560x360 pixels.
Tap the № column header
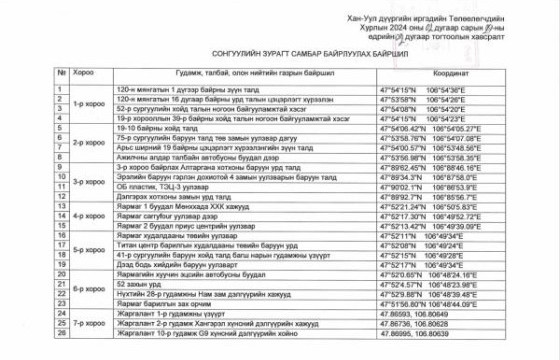point(61,73)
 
